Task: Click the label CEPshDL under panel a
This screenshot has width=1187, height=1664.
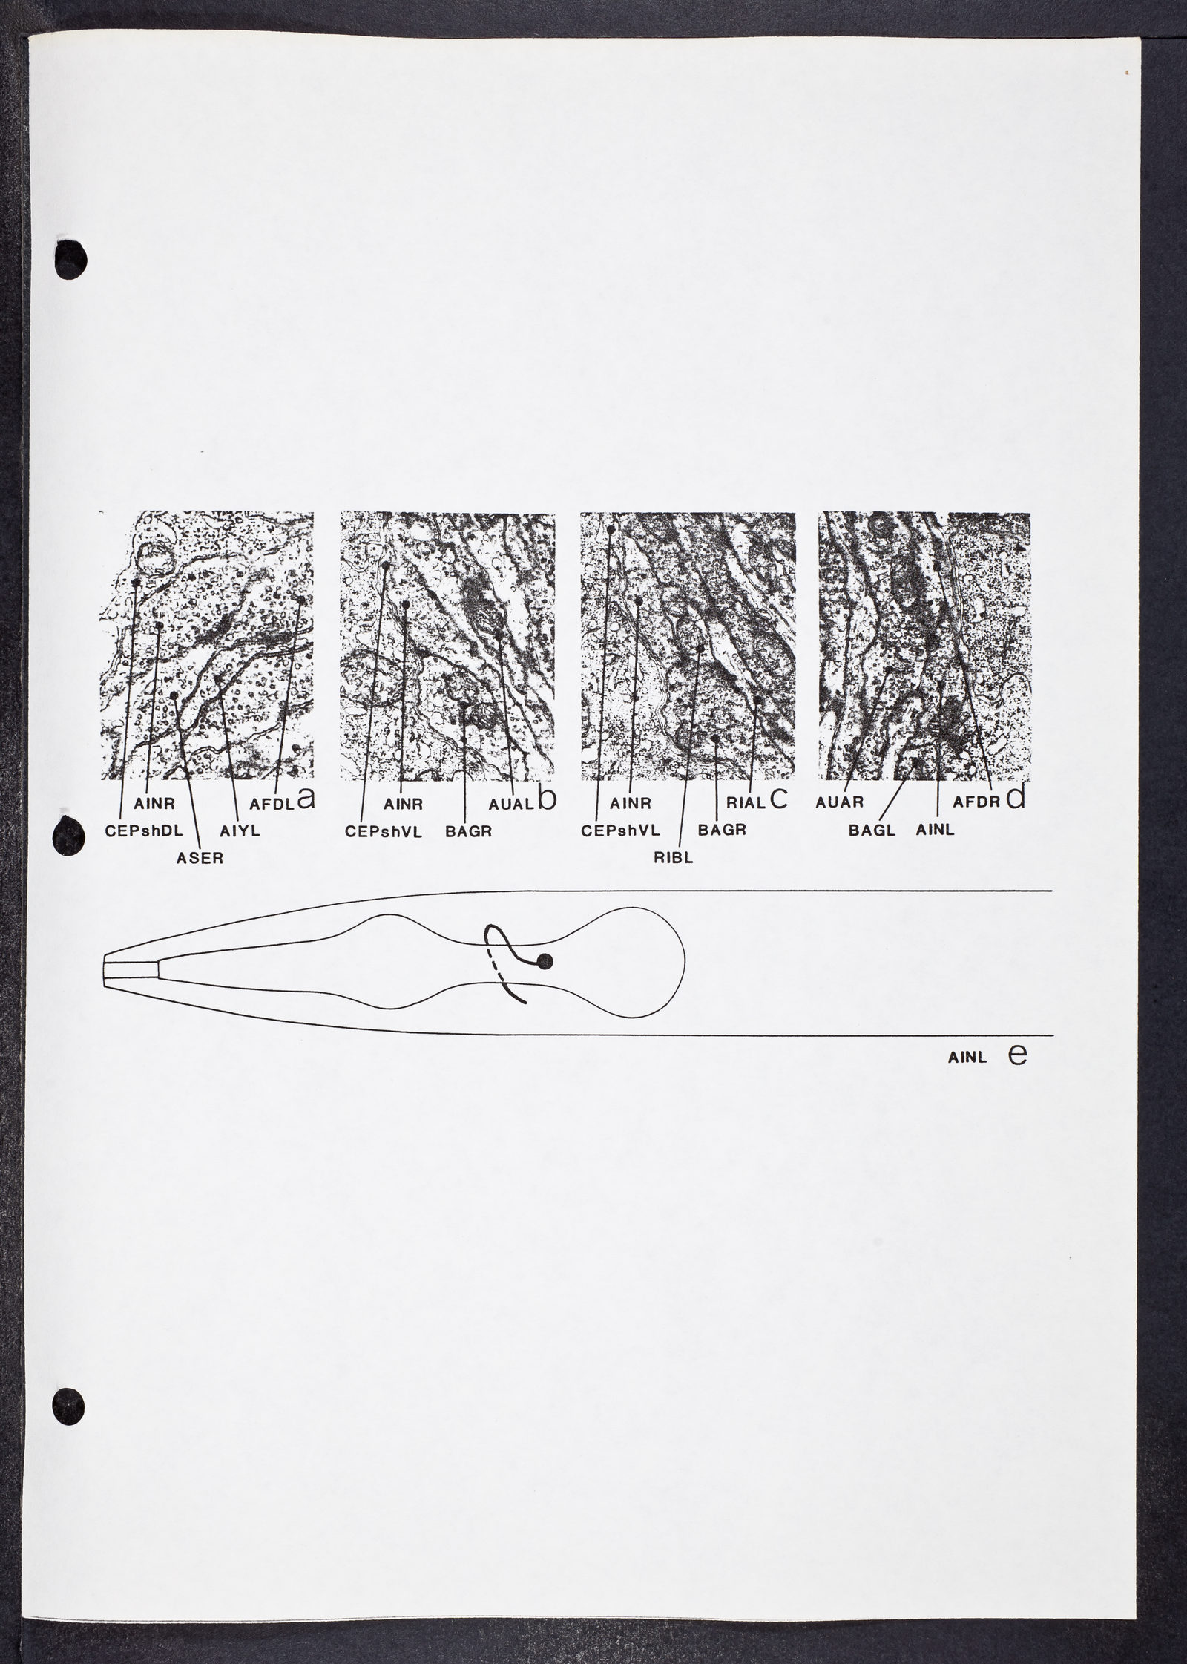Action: coord(144,831)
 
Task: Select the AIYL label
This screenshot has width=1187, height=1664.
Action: coord(240,831)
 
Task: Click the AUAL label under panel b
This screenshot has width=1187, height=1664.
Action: coord(512,803)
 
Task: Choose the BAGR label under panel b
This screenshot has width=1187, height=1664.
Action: coord(468,831)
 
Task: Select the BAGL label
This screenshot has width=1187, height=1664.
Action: coord(872,831)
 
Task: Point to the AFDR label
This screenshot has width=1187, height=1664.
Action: coord(976,803)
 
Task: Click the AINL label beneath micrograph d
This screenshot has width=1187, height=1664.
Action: coord(936,831)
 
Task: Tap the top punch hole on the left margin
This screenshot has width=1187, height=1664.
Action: coord(71,261)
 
